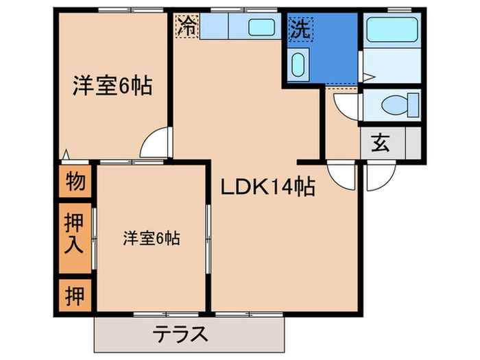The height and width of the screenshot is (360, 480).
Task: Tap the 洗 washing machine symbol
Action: click(300, 28)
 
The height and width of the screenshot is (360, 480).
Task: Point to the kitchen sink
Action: click(260, 29)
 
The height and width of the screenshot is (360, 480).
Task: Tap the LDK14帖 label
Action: click(267, 187)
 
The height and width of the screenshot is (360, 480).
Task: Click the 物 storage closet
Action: click(75, 182)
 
